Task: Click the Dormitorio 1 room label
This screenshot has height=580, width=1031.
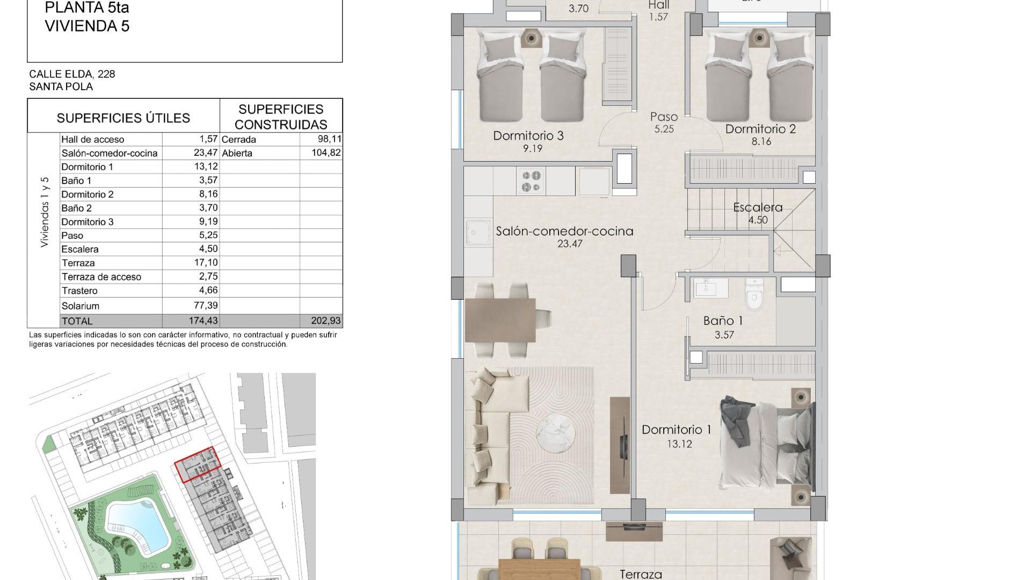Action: pos(676,430)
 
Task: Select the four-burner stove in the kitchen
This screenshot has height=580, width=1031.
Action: pos(532,181)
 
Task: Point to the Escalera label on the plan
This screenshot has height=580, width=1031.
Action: pos(758,207)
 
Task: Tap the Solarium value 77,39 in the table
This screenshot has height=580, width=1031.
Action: pos(206,306)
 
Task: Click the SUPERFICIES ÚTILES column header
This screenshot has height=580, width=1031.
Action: pos(124,118)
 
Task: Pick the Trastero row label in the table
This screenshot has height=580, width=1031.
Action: pos(79,291)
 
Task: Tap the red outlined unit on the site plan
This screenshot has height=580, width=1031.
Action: pos(198,465)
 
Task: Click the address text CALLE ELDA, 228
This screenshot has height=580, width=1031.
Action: pos(72,74)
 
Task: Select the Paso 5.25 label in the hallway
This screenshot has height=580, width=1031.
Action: pos(664,122)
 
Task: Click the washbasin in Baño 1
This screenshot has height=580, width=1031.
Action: pos(710,288)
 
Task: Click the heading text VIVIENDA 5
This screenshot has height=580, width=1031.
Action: pos(87,26)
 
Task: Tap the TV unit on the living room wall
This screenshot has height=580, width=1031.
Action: pos(620,445)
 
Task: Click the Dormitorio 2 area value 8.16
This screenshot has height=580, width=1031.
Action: pos(761,142)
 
